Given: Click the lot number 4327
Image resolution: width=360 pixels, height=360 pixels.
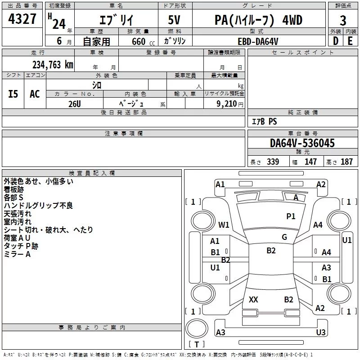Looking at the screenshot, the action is coord(22,19).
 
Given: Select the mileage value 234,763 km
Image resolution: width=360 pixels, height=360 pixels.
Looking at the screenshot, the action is coord(53,65).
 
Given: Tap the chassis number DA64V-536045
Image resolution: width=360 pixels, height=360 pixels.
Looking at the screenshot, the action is coord(302,143).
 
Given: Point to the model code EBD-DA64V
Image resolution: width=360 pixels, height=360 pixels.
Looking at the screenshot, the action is coord(258,41).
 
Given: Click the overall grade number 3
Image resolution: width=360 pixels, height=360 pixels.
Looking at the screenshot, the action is coord(343,21).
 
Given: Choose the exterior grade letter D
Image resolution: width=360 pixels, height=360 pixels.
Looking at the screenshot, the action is coord(335,41).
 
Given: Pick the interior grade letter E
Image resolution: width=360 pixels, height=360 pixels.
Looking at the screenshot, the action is coord(350,41).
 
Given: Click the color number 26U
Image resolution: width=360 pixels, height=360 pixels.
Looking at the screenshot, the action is coord(75,104).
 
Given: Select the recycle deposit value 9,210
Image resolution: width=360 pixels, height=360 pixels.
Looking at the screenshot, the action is coord(227,103).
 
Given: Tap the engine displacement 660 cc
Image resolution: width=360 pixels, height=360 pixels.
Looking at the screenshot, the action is coord(143,41).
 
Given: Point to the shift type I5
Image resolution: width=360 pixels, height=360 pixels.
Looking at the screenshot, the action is coord(13,94).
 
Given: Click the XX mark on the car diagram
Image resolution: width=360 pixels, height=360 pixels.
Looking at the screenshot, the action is coord(253,300).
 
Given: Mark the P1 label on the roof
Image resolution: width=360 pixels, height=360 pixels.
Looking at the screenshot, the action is coord(291,216).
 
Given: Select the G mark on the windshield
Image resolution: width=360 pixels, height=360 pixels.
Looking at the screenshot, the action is coord(284,237).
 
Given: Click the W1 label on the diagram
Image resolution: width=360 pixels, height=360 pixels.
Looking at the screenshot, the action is coord(224,225).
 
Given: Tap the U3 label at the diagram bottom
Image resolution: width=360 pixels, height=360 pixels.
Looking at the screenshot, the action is coord(321,332).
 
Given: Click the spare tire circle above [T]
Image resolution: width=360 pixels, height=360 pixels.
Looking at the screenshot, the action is coord(197,328).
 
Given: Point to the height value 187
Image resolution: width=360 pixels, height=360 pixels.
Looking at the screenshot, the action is coord(346,162).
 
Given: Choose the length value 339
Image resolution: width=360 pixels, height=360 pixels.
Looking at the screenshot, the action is coord(273,162).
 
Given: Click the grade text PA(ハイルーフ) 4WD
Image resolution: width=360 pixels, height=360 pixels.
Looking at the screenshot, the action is coord(258,20).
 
